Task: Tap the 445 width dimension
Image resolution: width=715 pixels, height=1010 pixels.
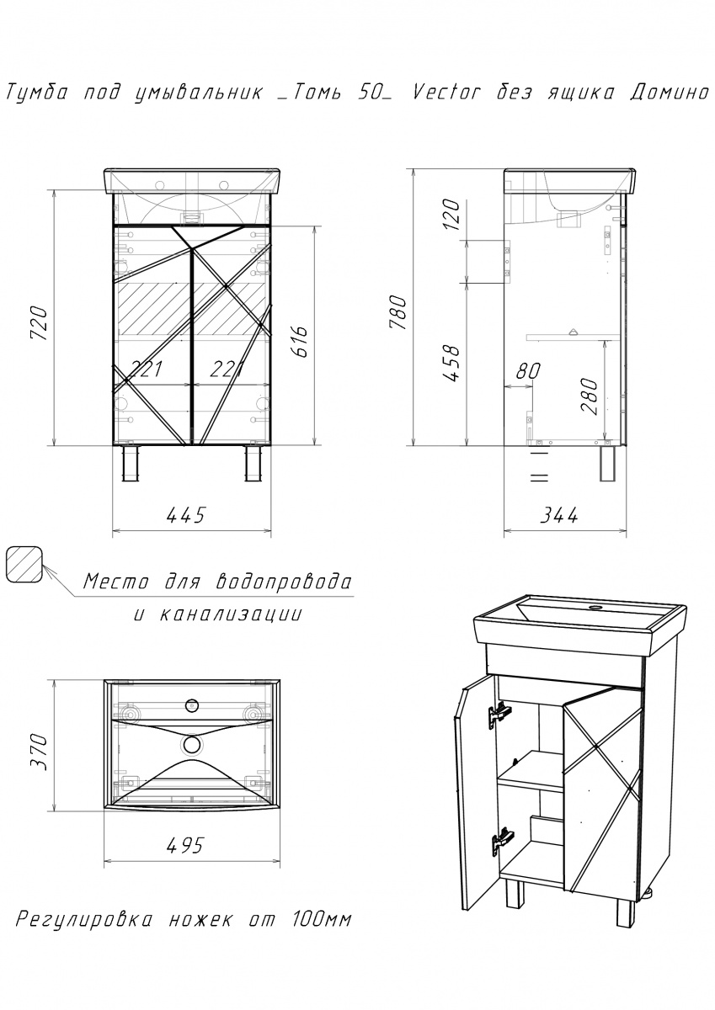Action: pyautogui.click(x=186, y=515)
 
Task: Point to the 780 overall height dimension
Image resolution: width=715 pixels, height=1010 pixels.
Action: pyautogui.click(x=399, y=312)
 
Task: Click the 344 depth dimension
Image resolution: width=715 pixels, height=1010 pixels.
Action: pyautogui.click(x=559, y=515)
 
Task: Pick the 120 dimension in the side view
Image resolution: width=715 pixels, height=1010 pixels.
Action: pyautogui.click(x=452, y=215)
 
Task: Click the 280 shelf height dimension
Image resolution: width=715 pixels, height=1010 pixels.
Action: pyautogui.click(x=590, y=396)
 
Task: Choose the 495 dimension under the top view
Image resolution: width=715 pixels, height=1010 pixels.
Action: pyautogui.click(x=186, y=846)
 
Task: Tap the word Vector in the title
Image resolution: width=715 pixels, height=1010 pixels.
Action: pyautogui.click(x=446, y=93)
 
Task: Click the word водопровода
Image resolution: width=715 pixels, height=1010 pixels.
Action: pyautogui.click(x=284, y=582)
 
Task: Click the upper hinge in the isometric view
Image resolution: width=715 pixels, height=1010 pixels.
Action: pyautogui.click(x=499, y=715)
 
